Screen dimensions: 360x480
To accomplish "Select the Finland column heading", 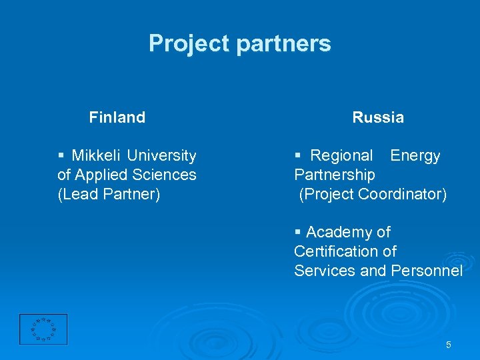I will coord(117,117).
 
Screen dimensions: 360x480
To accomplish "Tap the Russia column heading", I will coord(378,117).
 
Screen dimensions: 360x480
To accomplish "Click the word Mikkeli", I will coord(97,156).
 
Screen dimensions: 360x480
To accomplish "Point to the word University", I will coord(162,156).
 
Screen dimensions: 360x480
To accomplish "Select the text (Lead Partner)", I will coord(109,195).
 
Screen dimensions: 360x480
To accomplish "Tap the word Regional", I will coord(342,156).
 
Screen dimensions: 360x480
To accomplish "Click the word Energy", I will coord(415,156).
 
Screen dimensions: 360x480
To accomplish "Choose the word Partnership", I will coord(335,175).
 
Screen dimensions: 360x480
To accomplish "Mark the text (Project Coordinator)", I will coord(373,195).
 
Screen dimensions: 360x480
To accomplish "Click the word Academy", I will coord(341,233).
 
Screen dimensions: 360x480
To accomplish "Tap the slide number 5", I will coord(448,345).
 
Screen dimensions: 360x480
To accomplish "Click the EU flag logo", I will coord(43,329).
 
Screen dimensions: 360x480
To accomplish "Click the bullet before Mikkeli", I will coord(61,156).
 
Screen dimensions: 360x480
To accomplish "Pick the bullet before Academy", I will coord(297,233).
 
